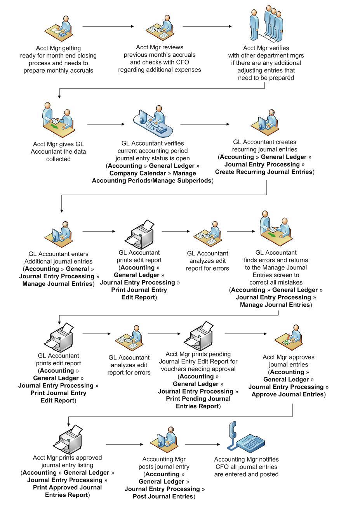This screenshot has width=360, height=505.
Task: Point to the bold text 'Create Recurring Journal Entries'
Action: pyautogui.click(x=264, y=172)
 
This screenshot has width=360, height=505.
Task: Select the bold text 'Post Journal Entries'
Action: pyautogui.click(x=163, y=496)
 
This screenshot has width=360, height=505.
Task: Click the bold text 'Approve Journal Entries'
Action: pyautogui.click(x=287, y=394)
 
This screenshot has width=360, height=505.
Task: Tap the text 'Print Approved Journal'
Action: pyautogui.click(x=67, y=488)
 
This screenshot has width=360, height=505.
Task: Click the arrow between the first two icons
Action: pyautogui.click(x=108, y=26)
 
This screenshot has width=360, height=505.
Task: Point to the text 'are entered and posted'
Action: pyautogui.click(x=246, y=474)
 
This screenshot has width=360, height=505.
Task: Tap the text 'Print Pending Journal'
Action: pyautogui.click(x=198, y=399)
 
